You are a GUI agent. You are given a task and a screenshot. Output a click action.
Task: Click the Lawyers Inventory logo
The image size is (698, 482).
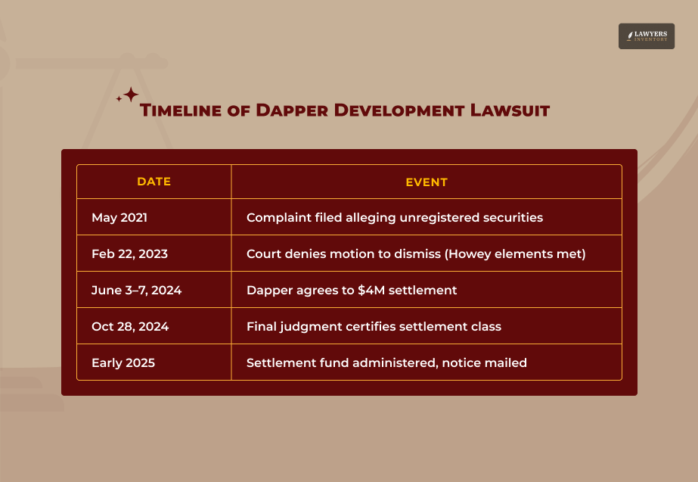647,36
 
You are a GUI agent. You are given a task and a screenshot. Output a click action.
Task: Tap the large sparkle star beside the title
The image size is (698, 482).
131,95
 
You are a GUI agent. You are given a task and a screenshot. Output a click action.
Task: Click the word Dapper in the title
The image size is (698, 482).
292,110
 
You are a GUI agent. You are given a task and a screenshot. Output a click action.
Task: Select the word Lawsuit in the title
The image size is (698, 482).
510,110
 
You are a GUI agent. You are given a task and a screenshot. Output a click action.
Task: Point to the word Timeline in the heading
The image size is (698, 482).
180,110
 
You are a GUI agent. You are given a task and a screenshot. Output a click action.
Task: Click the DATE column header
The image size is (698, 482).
154,182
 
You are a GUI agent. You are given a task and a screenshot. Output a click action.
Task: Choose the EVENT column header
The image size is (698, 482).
427,182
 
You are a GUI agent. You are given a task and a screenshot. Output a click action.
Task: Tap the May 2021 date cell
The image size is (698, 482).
119,217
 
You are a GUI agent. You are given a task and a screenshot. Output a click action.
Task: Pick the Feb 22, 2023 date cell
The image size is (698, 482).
129,254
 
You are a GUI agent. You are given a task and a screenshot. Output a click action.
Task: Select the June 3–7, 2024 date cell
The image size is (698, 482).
136,291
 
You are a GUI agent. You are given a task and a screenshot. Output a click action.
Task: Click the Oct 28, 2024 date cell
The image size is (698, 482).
130,327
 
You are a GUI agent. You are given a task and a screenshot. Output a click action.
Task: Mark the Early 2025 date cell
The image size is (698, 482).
123,363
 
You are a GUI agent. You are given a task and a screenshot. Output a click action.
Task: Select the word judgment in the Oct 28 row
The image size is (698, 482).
311,327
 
